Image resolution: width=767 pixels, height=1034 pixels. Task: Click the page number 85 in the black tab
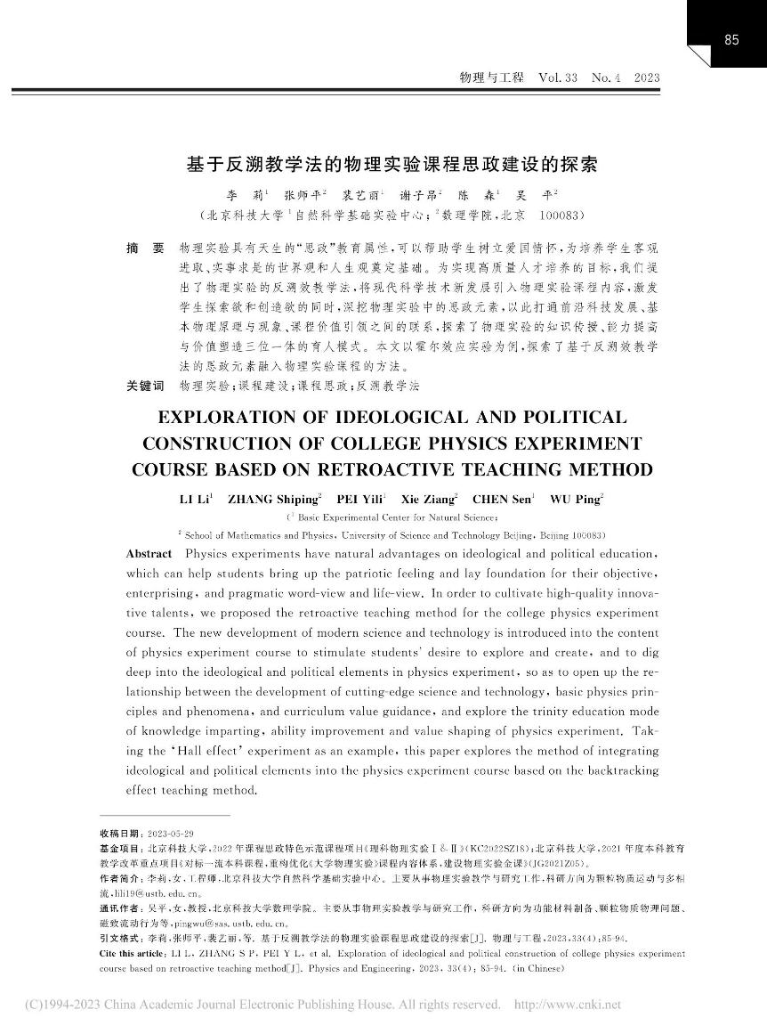coord(732,39)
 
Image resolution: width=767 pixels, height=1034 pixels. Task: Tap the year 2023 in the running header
coord(646,78)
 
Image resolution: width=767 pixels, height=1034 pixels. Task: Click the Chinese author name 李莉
coord(242,193)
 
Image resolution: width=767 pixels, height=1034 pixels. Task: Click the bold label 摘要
coord(145,243)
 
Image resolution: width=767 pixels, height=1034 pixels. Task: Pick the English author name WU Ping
coord(577,499)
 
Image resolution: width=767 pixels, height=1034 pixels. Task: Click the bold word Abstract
coord(149,554)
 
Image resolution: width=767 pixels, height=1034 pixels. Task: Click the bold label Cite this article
coord(137,954)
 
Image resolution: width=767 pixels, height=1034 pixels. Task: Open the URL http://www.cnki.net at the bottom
coord(568,1006)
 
